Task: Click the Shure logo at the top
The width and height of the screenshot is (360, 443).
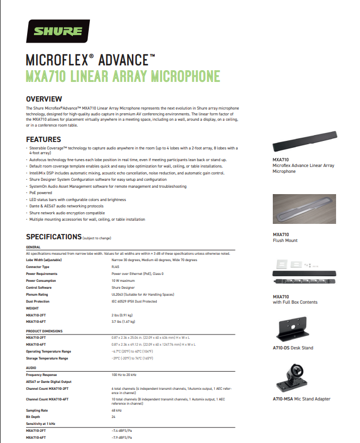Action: point(58,31)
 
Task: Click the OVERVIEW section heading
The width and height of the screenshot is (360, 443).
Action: point(44,99)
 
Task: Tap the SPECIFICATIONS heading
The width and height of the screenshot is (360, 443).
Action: point(54,237)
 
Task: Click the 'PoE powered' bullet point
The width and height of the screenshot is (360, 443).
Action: point(41,193)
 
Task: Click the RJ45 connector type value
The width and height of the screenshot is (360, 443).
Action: point(115,266)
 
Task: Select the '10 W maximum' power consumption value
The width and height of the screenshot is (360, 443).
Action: point(123,280)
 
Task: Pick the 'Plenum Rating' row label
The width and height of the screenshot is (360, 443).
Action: point(37,294)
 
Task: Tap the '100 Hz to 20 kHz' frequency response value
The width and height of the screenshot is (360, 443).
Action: point(125,375)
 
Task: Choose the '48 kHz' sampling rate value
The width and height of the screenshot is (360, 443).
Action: point(117,411)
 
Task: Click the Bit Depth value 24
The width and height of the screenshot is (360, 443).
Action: point(114,417)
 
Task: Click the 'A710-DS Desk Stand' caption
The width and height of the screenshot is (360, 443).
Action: point(293,348)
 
